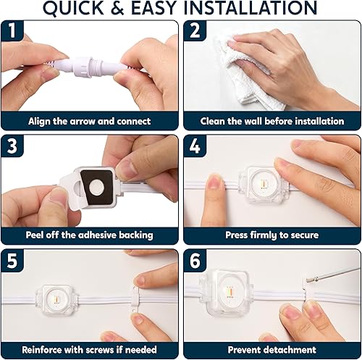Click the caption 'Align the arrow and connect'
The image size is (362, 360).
click(x=90, y=121)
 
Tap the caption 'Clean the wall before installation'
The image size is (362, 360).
click(x=271, y=121)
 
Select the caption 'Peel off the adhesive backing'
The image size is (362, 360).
click(x=90, y=235)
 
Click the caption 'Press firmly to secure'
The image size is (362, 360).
click(x=271, y=235)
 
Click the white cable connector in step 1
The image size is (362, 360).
click(x=90, y=65)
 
